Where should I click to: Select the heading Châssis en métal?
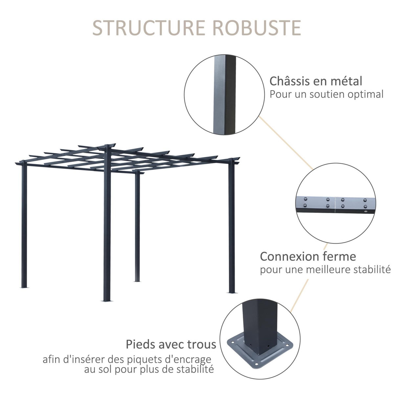pyautogui.click(x=316, y=81)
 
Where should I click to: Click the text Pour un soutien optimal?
pyautogui.click(x=326, y=95)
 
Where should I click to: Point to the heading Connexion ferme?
pyautogui.click(x=308, y=256)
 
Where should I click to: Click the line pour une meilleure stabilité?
pyautogui.click(x=325, y=270)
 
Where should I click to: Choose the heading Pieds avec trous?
pyautogui.click(x=171, y=344)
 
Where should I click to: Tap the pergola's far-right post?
pyautogui.click(x=232, y=227)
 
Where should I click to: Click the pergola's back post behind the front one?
pyautogui.click(x=137, y=227)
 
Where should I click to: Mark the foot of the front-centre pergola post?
pyautogui.click(x=107, y=299)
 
